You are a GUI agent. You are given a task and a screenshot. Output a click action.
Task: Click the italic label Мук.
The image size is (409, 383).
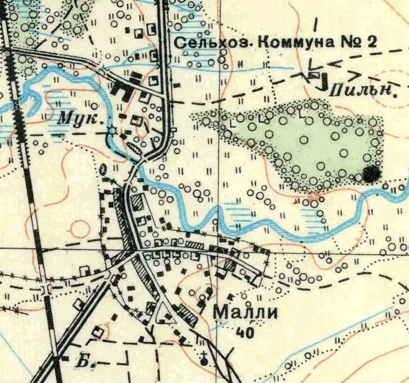pyautogui.click(x=81, y=119)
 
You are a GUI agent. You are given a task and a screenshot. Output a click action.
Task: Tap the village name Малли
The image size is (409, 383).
pyautogui.click(x=245, y=313)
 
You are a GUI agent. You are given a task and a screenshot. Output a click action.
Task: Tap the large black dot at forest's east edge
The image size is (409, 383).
pyautogui.click(x=372, y=174)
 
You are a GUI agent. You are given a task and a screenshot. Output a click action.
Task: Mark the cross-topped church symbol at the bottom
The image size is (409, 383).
pyautogui.click(x=204, y=360)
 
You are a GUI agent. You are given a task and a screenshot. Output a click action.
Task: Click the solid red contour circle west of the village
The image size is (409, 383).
pyautogui.click(x=80, y=229)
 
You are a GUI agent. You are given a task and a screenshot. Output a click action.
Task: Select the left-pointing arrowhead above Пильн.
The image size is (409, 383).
pyautogui.click(x=336, y=64)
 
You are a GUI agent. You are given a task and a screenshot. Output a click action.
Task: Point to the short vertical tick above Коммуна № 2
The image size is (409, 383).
pyautogui.click(x=316, y=24)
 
